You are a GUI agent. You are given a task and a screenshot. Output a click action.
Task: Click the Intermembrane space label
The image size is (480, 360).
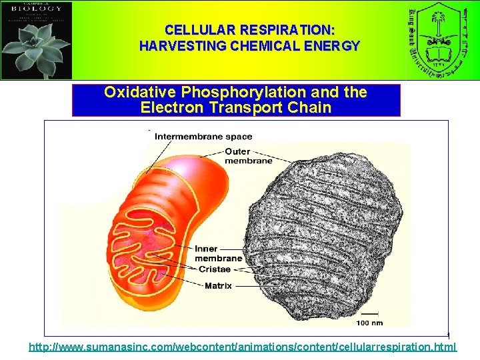(x=203, y=137)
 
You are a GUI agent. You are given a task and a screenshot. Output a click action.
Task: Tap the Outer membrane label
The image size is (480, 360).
(x=248, y=156)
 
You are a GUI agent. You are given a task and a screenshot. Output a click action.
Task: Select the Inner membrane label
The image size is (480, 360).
(x=218, y=253)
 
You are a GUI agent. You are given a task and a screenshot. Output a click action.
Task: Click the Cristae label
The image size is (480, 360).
(x=214, y=269)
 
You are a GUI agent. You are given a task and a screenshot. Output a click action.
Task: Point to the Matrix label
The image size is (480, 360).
(x=218, y=286)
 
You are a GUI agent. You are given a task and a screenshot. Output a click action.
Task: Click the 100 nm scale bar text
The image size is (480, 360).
(x=369, y=323)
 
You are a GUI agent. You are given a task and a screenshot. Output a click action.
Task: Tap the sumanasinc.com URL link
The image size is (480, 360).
(x=243, y=347)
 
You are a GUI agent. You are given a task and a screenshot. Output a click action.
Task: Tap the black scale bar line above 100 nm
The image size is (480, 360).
(x=369, y=313)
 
